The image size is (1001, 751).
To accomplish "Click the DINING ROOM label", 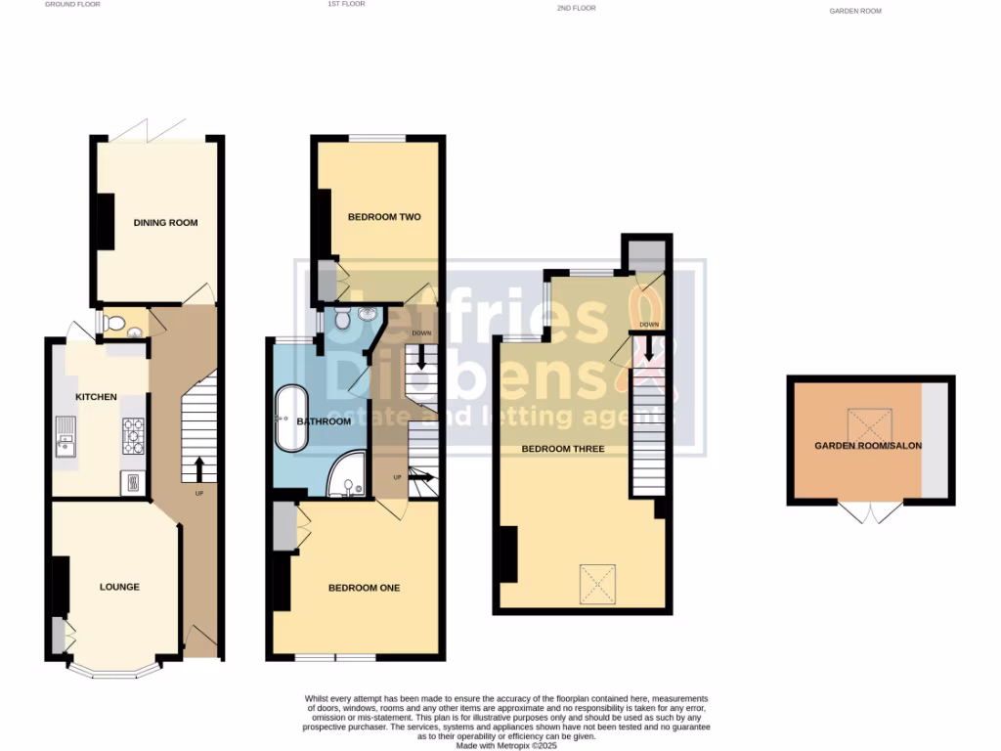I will [165, 223].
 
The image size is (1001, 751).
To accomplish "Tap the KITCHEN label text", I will [96, 397].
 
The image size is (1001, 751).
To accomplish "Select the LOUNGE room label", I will [119, 588].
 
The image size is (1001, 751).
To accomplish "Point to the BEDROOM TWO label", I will [384, 217].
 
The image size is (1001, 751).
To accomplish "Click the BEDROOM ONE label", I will [364, 588].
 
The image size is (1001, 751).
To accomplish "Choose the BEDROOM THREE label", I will [562, 449].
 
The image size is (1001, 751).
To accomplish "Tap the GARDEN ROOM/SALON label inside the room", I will [868, 446].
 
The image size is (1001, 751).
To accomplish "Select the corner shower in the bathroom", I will [346, 475].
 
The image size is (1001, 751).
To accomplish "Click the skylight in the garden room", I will [864, 423].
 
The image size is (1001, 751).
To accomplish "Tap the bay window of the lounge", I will [113, 673].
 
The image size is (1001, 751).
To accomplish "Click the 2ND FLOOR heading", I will [576, 8].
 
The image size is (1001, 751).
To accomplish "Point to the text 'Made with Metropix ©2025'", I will [505, 746].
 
